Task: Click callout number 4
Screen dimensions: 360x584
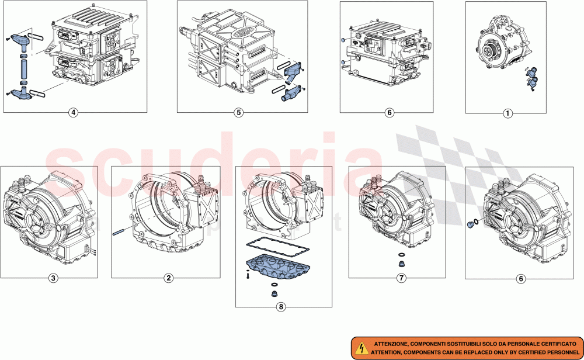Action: tap(73, 113)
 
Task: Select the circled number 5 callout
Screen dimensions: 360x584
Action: tap(238, 113)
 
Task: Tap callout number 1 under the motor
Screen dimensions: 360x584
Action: tap(507, 113)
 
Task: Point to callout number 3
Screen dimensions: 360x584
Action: tap(53, 278)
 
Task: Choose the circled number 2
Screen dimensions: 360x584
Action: tap(168, 278)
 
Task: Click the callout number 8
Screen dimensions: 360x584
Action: tap(283, 306)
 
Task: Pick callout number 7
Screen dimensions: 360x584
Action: tap(401, 278)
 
